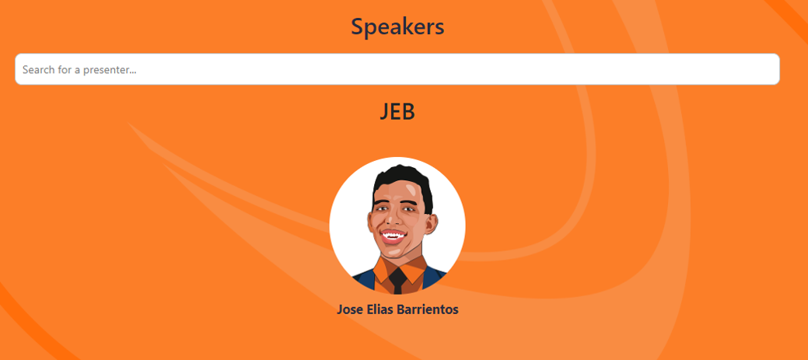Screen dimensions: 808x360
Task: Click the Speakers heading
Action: point(397,26)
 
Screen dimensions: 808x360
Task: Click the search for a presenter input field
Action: point(397,69)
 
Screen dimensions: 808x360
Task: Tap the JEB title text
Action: point(397,112)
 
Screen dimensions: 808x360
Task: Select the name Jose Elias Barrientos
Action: point(397,309)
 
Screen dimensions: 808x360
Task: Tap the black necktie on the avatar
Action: point(398,281)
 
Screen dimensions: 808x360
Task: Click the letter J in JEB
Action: point(384,112)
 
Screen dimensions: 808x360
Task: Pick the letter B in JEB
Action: point(408,112)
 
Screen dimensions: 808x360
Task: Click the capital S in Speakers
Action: point(357,26)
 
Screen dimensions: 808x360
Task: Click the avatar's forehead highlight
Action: point(411,190)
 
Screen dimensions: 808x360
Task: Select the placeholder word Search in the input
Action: point(38,69)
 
